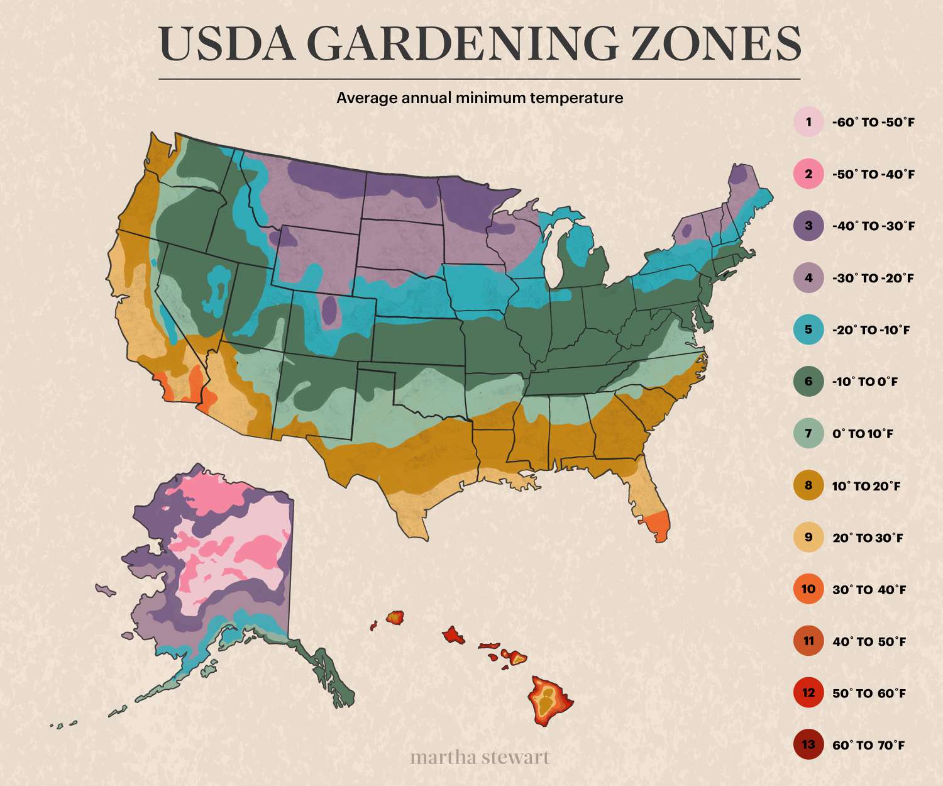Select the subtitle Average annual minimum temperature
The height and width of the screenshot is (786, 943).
pyautogui.click(x=480, y=98)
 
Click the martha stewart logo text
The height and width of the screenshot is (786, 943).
pyautogui.click(x=480, y=756)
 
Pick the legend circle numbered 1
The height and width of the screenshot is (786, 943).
pyautogui.click(x=808, y=122)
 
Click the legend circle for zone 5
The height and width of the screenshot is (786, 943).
pyautogui.click(x=808, y=329)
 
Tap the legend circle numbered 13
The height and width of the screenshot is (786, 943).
pyautogui.click(x=808, y=745)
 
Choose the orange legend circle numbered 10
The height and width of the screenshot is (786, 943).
pyautogui.click(x=808, y=589)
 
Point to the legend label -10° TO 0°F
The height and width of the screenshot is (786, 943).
pyautogui.click(x=865, y=382)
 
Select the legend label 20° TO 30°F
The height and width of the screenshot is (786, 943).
pyautogui.click(x=868, y=538)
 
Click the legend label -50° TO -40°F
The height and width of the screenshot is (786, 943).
pyautogui.click(x=873, y=174)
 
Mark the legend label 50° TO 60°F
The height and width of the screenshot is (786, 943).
pyautogui.click(x=869, y=694)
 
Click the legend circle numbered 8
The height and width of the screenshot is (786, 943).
pyautogui.click(x=808, y=485)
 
